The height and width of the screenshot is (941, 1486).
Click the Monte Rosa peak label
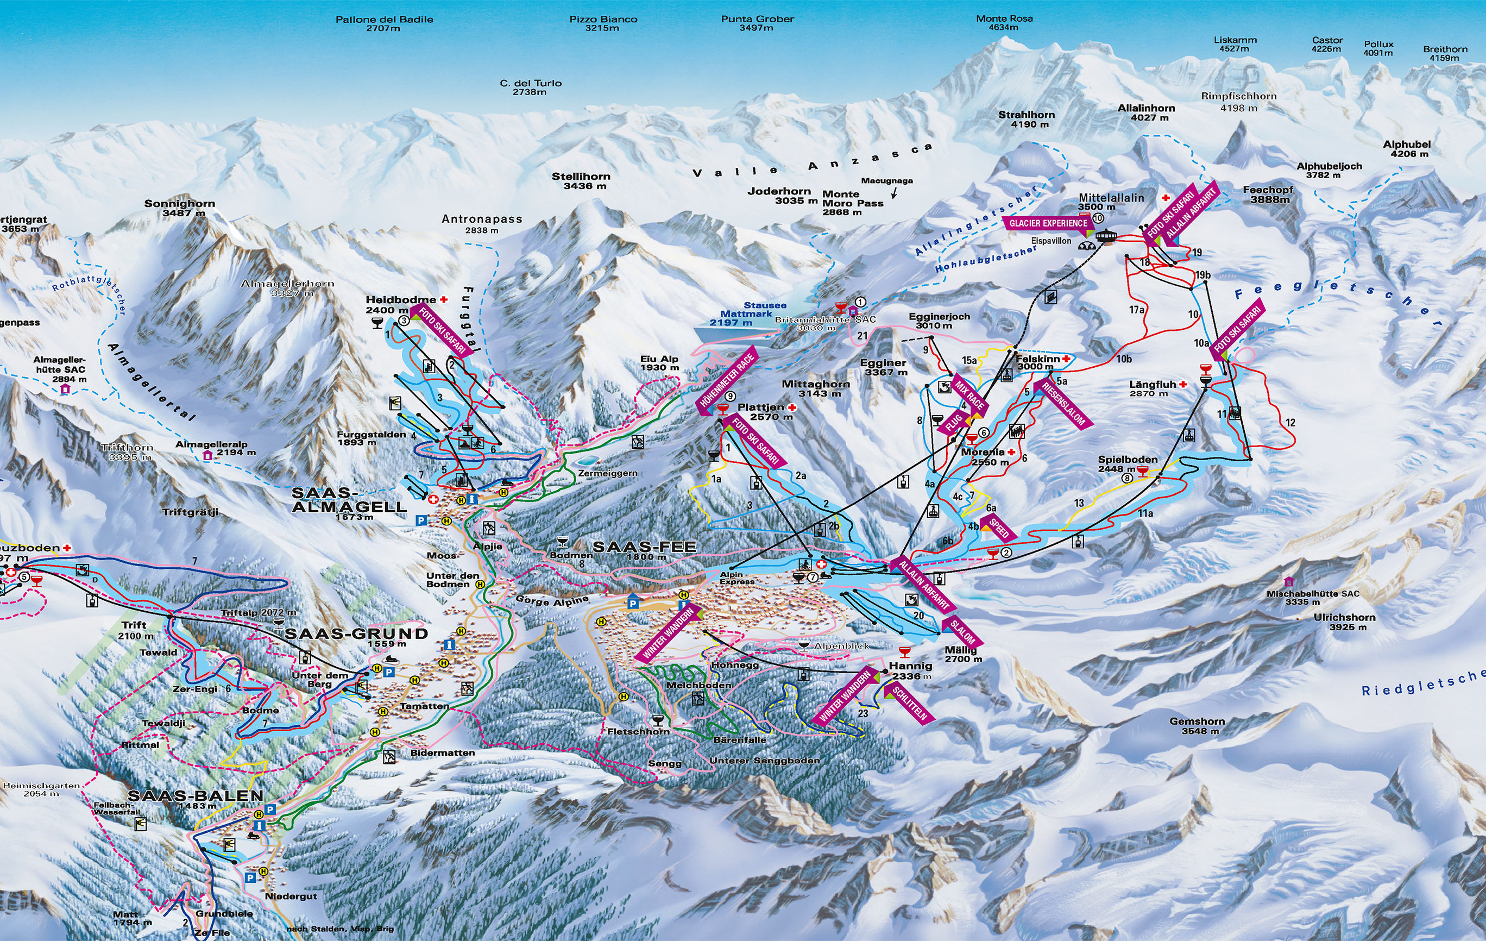coord(1004,23)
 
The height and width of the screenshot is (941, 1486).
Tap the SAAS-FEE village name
coord(644,548)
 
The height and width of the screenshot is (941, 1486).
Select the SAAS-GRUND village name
coord(356,634)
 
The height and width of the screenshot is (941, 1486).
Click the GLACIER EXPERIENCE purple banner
coord(1048,223)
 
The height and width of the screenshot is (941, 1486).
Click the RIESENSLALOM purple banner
coord(1064,404)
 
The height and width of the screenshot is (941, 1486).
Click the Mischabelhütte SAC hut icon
coord(1288,582)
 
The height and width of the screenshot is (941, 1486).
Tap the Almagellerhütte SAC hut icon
coord(65,390)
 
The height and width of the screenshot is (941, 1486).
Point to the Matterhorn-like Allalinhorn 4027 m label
coord(1146,112)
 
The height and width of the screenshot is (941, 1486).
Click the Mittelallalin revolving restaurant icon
coord(1110,235)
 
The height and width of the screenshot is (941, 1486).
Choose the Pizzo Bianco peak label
coord(602,23)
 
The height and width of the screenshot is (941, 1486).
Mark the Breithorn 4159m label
coord(1445,54)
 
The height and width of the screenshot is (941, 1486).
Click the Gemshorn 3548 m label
coord(1197,725)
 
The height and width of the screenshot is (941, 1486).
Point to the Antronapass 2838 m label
coord(481,223)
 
